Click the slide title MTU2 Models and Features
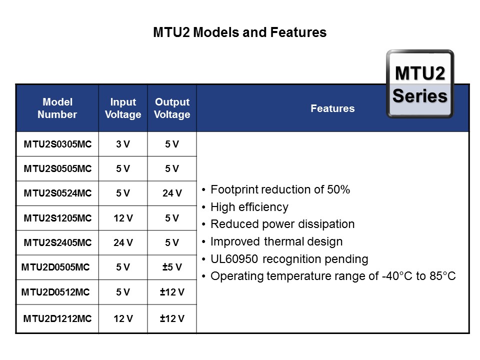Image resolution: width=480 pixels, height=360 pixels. pyautogui.click(x=239, y=33)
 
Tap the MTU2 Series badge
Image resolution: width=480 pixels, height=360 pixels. pyautogui.click(x=419, y=84)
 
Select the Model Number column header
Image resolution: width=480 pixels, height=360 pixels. pyautogui.click(x=57, y=108)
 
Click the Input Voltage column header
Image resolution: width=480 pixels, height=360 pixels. pyautogui.click(x=123, y=108)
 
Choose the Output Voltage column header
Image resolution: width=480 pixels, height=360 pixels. pyautogui.click(x=172, y=108)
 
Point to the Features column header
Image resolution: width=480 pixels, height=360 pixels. pyautogui.click(x=332, y=108)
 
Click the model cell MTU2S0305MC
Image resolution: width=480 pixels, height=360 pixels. pyautogui.click(x=57, y=144)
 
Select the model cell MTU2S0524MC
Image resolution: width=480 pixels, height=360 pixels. pyautogui.click(x=57, y=193)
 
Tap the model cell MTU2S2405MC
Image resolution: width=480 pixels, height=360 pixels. pyautogui.click(x=57, y=243)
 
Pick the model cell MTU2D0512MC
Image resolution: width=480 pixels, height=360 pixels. pyautogui.click(x=55, y=292)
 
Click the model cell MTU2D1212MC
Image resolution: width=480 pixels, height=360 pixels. pyautogui.click(x=57, y=318)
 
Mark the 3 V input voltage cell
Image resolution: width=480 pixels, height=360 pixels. pyautogui.click(x=123, y=144)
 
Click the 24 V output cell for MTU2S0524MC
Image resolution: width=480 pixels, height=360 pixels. pyautogui.click(x=172, y=193)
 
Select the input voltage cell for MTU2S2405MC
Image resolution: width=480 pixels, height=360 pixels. pyautogui.click(x=123, y=243)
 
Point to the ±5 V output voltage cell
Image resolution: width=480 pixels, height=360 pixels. pyautogui.click(x=172, y=267)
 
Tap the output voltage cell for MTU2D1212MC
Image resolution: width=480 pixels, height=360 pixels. pyautogui.click(x=172, y=318)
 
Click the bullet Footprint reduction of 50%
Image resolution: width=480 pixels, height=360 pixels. pyautogui.click(x=280, y=190)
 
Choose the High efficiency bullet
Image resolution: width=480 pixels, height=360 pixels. pyautogui.click(x=249, y=207)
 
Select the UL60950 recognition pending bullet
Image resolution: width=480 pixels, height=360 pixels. pyautogui.click(x=289, y=259)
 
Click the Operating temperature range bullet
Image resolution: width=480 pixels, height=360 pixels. pyautogui.click(x=333, y=276)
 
